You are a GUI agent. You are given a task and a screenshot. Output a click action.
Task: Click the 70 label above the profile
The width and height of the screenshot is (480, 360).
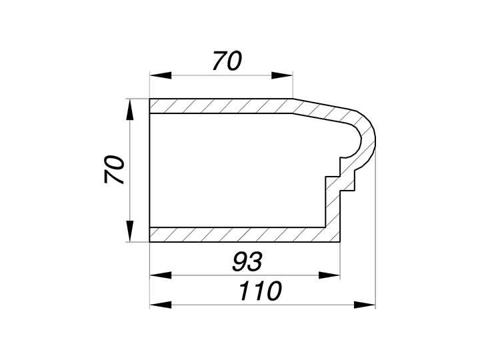pyautogui.click(x=227, y=61)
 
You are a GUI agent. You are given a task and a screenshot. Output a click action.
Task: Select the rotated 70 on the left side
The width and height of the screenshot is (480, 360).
pyautogui.click(x=114, y=169)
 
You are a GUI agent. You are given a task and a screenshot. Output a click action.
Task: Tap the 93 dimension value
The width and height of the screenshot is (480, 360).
pyautogui.click(x=247, y=262)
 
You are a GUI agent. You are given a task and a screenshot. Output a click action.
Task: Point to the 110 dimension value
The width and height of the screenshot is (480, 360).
pyautogui.click(x=260, y=291)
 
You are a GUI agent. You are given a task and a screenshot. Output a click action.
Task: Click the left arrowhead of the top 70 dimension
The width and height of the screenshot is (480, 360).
pyautogui.click(x=161, y=75)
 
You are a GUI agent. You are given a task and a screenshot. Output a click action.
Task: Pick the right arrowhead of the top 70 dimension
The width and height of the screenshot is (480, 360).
pyautogui.click(x=282, y=75)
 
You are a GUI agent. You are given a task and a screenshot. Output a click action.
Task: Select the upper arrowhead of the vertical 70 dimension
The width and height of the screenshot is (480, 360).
pyautogui.click(x=131, y=109)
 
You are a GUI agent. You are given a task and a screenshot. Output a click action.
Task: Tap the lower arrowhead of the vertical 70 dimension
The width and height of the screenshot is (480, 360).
pyautogui.click(x=131, y=231)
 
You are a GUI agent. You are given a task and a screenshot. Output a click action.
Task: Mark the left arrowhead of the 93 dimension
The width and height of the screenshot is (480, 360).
pyautogui.click(x=161, y=275)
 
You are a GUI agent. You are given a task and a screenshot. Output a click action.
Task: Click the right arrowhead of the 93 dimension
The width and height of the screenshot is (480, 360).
pyautogui.click(x=329, y=275)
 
